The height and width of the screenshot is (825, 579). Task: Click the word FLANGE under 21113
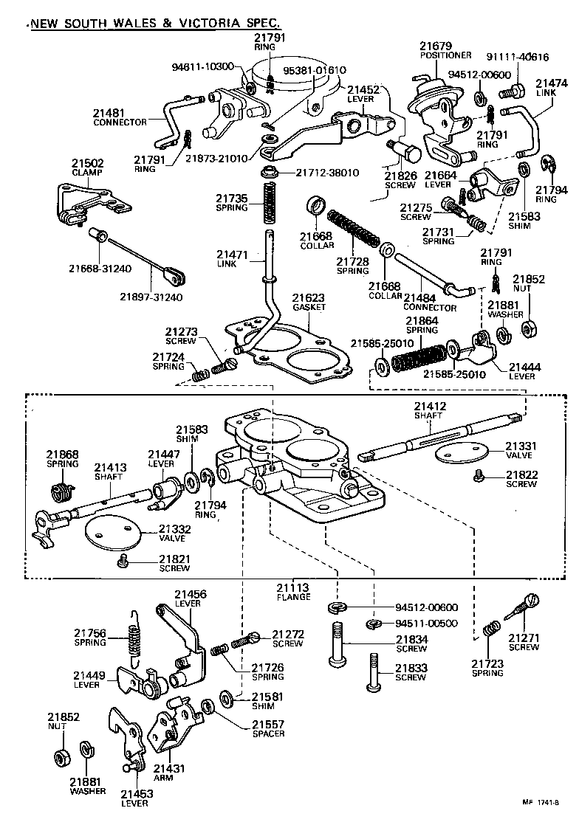tap(293, 597)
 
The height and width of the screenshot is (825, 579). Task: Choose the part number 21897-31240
tap(151, 297)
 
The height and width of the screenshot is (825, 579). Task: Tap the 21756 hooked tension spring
tap(134, 635)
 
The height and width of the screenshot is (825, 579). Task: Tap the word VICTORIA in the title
tap(209, 23)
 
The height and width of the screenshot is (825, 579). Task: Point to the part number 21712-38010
tap(327, 173)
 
